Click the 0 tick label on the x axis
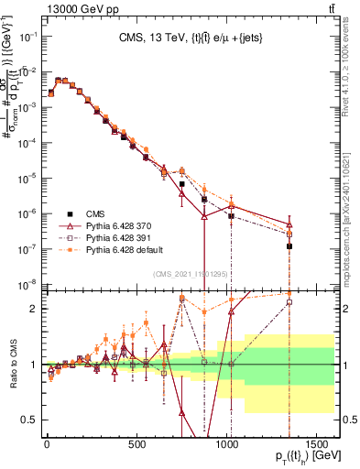46,447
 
